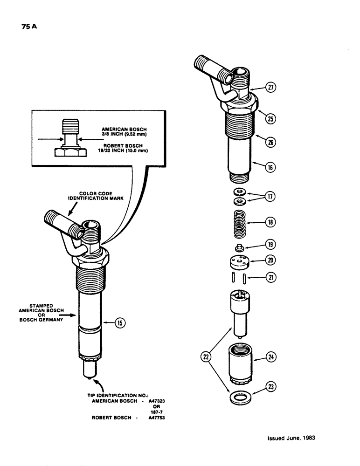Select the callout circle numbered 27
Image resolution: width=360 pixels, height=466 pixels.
point(270,87)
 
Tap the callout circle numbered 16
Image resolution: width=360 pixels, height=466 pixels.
point(270,166)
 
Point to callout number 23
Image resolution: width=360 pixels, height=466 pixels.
point(270,386)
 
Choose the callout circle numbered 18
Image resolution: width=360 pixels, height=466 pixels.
point(270,223)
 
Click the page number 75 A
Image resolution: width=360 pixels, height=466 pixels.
point(29,27)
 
